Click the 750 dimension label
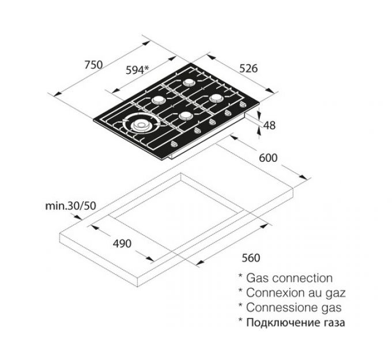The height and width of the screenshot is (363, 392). point(93,65)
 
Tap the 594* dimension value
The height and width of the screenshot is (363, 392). point(137,70)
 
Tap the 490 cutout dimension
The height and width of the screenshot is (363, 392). point(122,244)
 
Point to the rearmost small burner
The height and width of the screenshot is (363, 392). point(189,82)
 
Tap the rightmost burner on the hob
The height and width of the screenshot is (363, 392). point(216,98)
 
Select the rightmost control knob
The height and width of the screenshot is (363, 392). point(243,105)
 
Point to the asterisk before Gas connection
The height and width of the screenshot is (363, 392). point(240,277)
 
